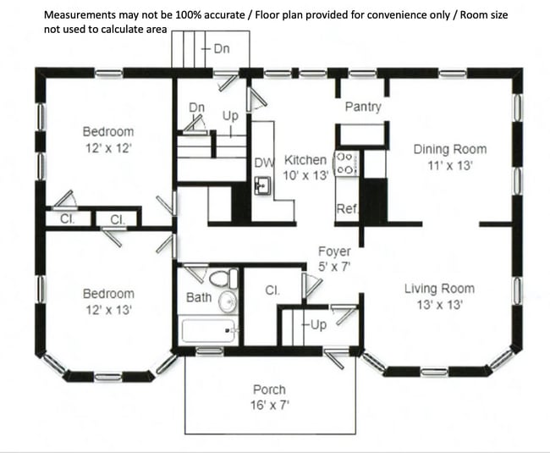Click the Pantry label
[x=363, y=108]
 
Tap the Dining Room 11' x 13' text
[x=449, y=157]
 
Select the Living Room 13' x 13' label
[x=438, y=297]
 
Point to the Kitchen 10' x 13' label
[x=305, y=168]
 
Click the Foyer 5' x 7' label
[x=334, y=259]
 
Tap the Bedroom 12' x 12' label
[x=107, y=139]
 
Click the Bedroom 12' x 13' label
[x=107, y=301]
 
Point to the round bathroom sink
[x=227, y=301]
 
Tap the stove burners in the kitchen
[x=345, y=163]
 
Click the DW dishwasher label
[x=262, y=163]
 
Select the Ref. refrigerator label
[x=345, y=209]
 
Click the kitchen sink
[x=262, y=185]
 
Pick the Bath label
[x=199, y=298]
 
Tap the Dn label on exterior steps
[x=221, y=49]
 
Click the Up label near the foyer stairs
[x=318, y=325]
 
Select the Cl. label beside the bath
[x=272, y=290]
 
